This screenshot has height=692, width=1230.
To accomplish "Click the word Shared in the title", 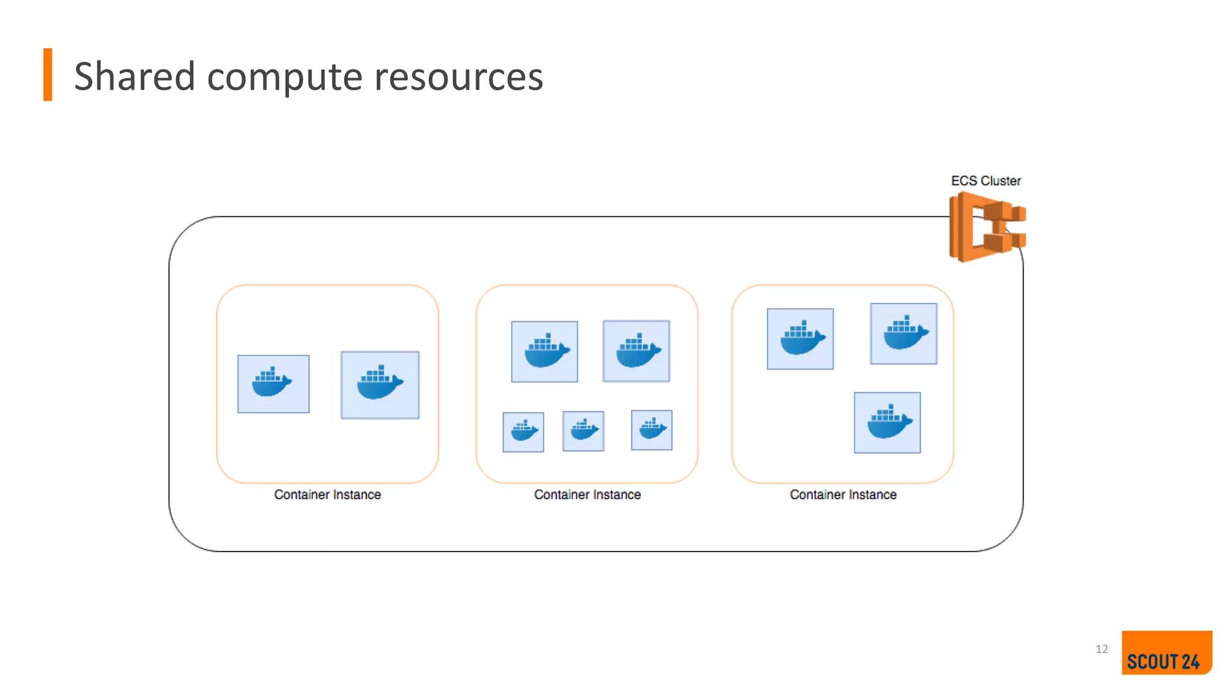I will pos(135,77).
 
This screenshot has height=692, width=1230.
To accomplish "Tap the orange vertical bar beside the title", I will pos(48,74).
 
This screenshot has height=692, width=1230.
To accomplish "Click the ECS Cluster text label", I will pos(986,181).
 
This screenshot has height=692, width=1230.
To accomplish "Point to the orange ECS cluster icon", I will pos(986,228).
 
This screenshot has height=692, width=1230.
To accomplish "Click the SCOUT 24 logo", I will pos(1166,653).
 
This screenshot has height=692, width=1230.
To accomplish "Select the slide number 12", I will pos(1101,649).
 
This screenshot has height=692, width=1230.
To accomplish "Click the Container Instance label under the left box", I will pos(327,494).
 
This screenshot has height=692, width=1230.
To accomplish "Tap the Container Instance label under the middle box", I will pos(587,494).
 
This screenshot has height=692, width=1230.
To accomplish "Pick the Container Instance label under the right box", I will pos(843,494).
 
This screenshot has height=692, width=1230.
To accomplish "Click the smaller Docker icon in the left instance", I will pos(273,384).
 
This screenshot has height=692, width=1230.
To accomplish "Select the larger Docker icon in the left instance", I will pos(380,385).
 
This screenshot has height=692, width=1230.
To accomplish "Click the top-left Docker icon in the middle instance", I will pos(545,351).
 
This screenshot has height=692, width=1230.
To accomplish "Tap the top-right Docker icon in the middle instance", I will pos(637,351).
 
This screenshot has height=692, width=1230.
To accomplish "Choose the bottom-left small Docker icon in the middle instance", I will pos(523,432).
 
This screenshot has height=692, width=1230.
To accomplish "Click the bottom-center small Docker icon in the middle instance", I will pos(583,431).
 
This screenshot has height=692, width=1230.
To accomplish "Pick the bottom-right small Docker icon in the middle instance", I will pos(652,430).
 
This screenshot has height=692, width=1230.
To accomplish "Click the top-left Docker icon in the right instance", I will pos(800,339).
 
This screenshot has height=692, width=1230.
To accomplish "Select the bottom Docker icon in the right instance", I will pos(887,423).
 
